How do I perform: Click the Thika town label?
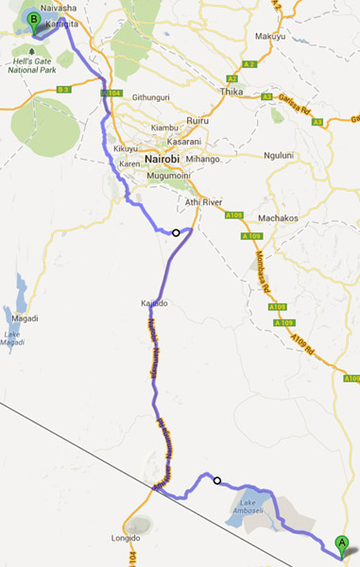(x=231, y=92)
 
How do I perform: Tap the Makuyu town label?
(x=271, y=37)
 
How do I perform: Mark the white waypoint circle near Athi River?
(x=176, y=232)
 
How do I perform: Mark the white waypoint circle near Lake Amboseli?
(x=217, y=480)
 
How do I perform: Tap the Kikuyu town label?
(x=126, y=148)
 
